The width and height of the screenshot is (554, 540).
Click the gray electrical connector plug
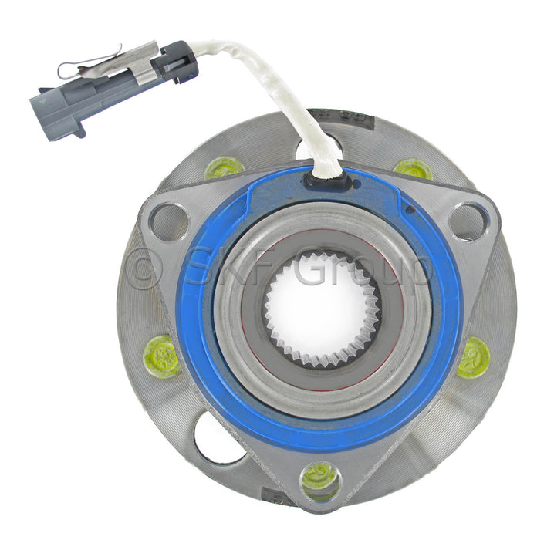pyautogui.click(x=116, y=89)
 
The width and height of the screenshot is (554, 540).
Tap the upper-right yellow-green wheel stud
pyautogui.click(x=413, y=168)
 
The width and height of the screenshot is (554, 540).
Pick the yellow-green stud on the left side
pyautogui.click(x=162, y=356)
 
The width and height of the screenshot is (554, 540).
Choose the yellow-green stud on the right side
pyautogui.click(x=472, y=358)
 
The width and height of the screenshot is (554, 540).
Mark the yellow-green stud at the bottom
pyautogui.click(x=318, y=478)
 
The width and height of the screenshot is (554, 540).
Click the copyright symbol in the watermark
pyautogui.click(x=144, y=268)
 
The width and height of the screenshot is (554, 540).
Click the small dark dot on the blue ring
pyautogui.click(x=410, y=208)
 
